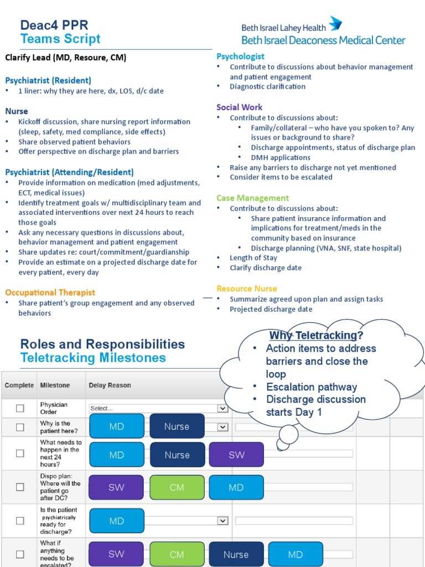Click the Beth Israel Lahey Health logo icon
coord(335,24)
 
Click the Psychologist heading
coord(240,56)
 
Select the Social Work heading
coord(239,107)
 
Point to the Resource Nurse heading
coord(247,288)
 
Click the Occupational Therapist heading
coord(50,292)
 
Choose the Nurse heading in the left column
coord(17,111)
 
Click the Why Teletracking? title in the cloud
coord(316,336)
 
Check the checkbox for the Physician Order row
coord(20,408)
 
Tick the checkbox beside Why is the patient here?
coord(20,427)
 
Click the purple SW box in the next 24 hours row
coord(236,455)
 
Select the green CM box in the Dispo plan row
coord(177,488)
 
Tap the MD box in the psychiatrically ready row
coord(116,521)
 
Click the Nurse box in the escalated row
coord(236,554)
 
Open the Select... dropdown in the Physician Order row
coord(158,408)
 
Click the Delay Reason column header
coord(110,385)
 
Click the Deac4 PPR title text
coord(54,25)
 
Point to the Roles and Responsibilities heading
coord(102,344)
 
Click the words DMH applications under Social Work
coord(281,158)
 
